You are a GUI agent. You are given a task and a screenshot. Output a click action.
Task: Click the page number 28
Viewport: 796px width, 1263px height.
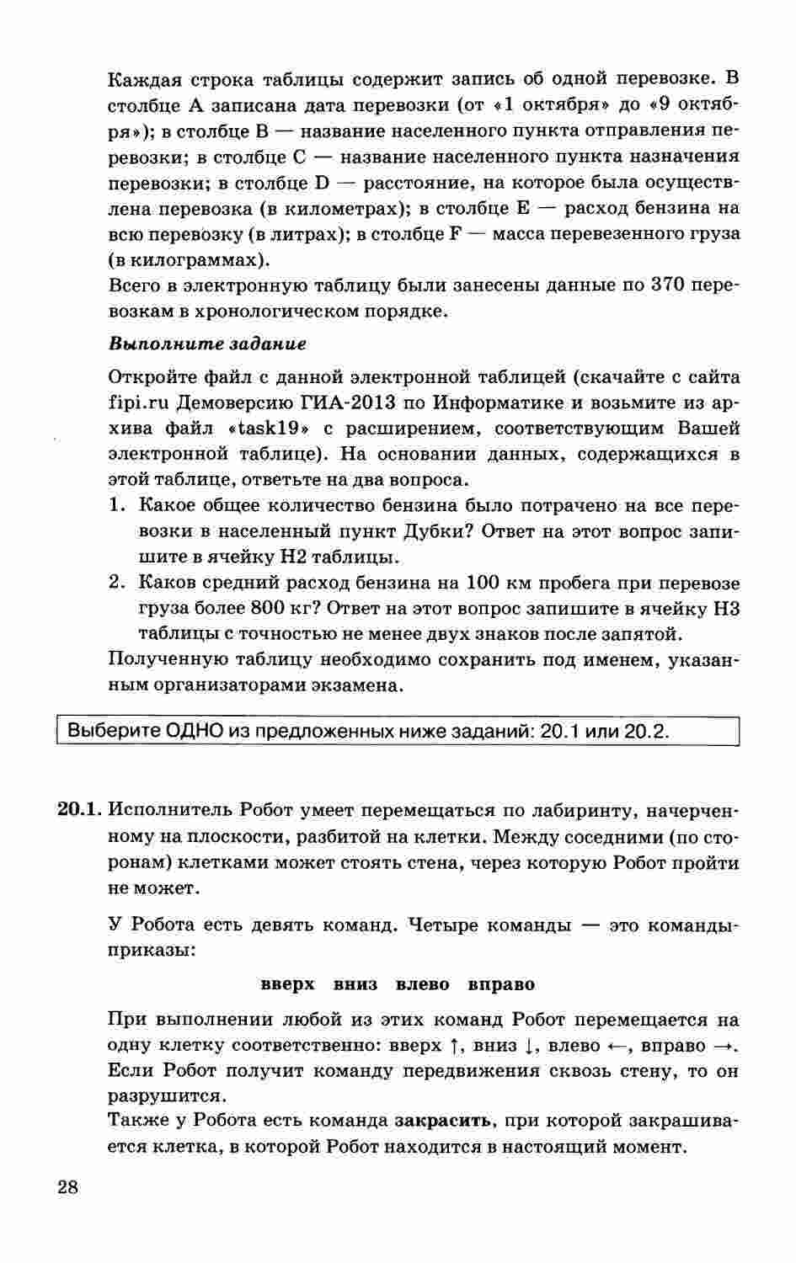tap(67, 1187)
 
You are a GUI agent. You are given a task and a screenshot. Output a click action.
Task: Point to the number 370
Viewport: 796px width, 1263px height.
tap(670, 285)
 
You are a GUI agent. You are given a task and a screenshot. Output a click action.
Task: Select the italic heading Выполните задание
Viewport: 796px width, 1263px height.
tap(207, 344)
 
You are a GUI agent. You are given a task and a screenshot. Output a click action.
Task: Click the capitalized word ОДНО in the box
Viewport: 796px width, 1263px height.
tap(195, 731)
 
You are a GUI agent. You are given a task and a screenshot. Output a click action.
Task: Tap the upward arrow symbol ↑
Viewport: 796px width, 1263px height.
tap(455, 1046)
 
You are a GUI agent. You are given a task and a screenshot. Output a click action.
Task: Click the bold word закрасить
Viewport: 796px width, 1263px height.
tap(442, 1122)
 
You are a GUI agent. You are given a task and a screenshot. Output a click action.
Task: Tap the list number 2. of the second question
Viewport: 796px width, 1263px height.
tap(118, 584)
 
